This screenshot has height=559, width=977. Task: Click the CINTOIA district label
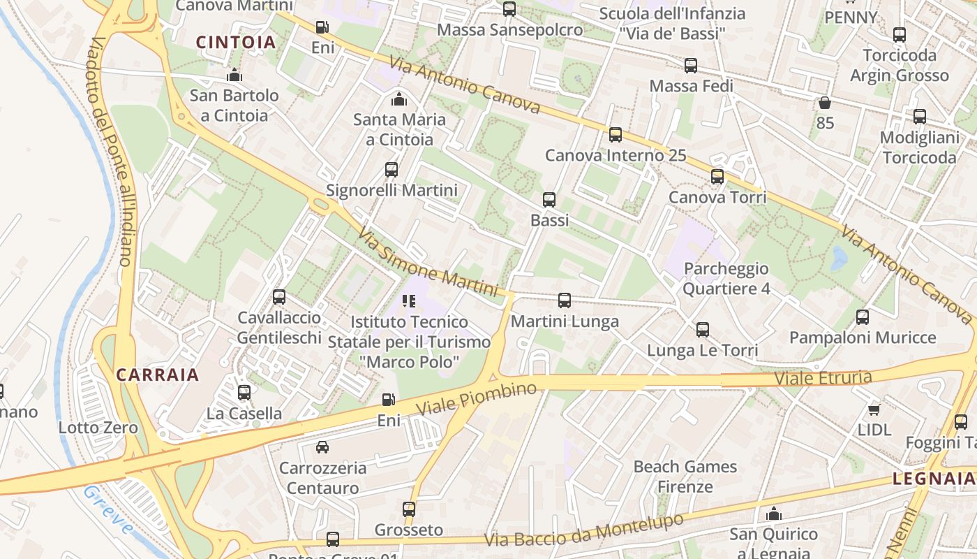point(236,43)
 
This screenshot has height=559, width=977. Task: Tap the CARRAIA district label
point(158,375)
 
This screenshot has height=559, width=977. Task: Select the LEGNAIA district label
point(934,479)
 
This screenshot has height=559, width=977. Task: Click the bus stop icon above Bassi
point(549,200)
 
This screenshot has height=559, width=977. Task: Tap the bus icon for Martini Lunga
point(565,300)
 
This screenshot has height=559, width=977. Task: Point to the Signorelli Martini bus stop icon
point(391,170)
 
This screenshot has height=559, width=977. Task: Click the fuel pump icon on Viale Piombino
point(389,400)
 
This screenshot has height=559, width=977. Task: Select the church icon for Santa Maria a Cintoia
point(399,99)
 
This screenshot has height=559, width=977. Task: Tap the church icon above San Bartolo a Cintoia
point(234,75)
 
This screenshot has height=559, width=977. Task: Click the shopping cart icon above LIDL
point(874,409)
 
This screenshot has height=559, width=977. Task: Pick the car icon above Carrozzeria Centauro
point(322,447)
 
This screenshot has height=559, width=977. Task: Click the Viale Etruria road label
point(823,378)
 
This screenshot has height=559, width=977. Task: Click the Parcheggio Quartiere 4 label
point(726,278)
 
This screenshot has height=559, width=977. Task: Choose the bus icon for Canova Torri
point(717,177)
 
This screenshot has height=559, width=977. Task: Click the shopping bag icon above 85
point(825,103)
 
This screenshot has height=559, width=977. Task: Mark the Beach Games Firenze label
point(685,477)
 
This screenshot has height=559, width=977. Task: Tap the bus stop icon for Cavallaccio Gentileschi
point(279,297)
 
